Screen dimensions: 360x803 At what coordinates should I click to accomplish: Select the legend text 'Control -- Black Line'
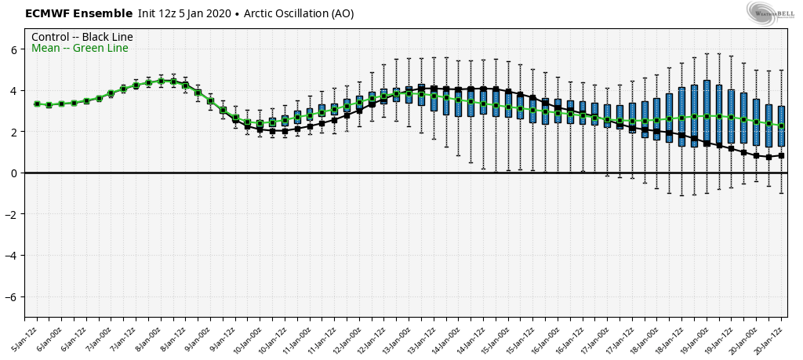(82, 37)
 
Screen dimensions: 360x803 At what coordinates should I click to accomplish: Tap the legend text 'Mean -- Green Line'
(79, 49)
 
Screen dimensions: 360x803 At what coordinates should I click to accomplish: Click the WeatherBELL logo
(771, 13)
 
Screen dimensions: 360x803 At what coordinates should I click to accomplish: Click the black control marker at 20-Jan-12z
(781, 155)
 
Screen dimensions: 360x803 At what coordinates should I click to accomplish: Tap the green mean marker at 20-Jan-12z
(781, 125)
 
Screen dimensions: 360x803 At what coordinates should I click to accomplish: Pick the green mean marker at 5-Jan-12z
(37, 104)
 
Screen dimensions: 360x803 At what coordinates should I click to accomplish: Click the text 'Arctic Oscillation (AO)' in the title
(299, 13)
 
